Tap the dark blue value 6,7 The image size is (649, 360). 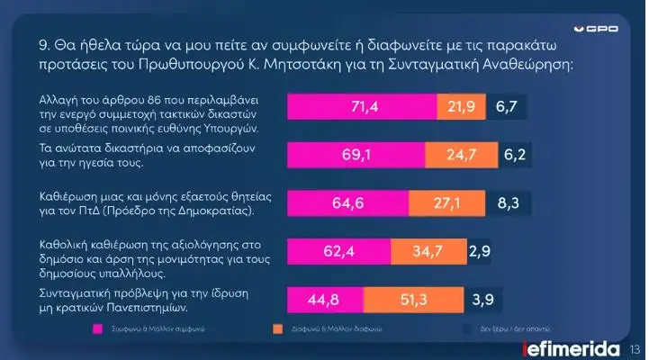tap(506, 108)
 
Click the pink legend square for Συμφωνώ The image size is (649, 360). tap(99, 329)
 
